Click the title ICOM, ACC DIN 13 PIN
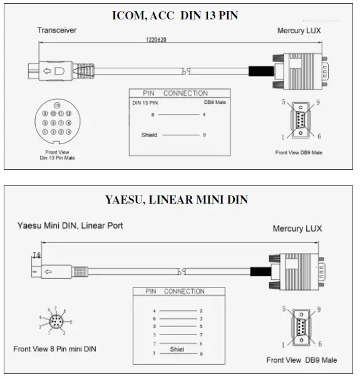click(175, 15)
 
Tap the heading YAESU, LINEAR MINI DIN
click(176, 200)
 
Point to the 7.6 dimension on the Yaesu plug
click(36, 255)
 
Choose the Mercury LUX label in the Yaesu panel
click(297, 229)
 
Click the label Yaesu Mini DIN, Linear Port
click(70, 225)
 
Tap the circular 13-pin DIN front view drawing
click(57, 118)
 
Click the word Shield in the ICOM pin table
click(149, 135)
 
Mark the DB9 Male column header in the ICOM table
click(215, 101)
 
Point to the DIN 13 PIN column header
click(145, 101)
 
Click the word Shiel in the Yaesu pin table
click(177, 350)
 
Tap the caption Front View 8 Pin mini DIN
click(55, 348)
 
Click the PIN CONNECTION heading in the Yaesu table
click(175, 291)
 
